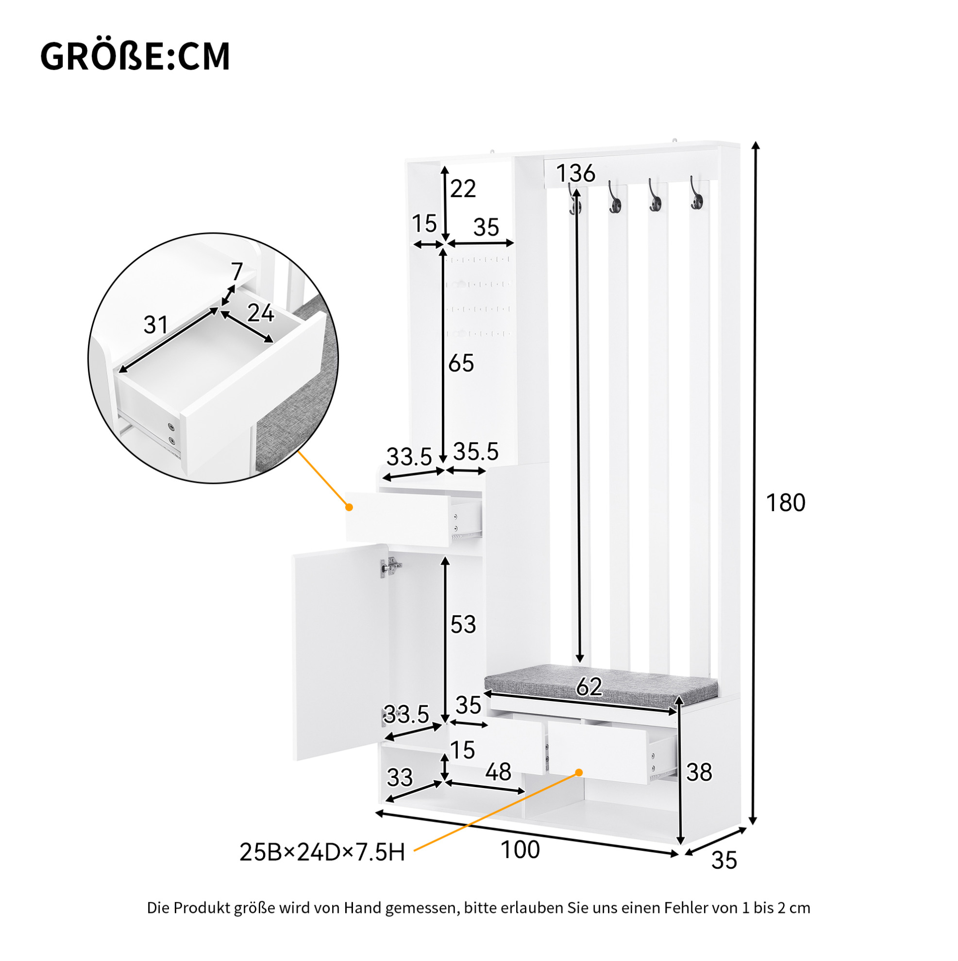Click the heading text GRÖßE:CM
pyautogui.click(x=134, y=56)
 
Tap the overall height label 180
pyautogui.click(x=785, y=503)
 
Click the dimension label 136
pyautogui.click(x=575, y=173)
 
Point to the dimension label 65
pyautogui.click(x=461, y=363)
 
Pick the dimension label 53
pyautogui.click(x=463, y=624)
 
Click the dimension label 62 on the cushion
pyautogui.click(x=589, y=687)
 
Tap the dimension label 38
pyautogui.click(x=699, y=772)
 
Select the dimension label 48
pyautogui.click(x=498, y=772)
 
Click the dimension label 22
pyautogui.click(x=463, y=189)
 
